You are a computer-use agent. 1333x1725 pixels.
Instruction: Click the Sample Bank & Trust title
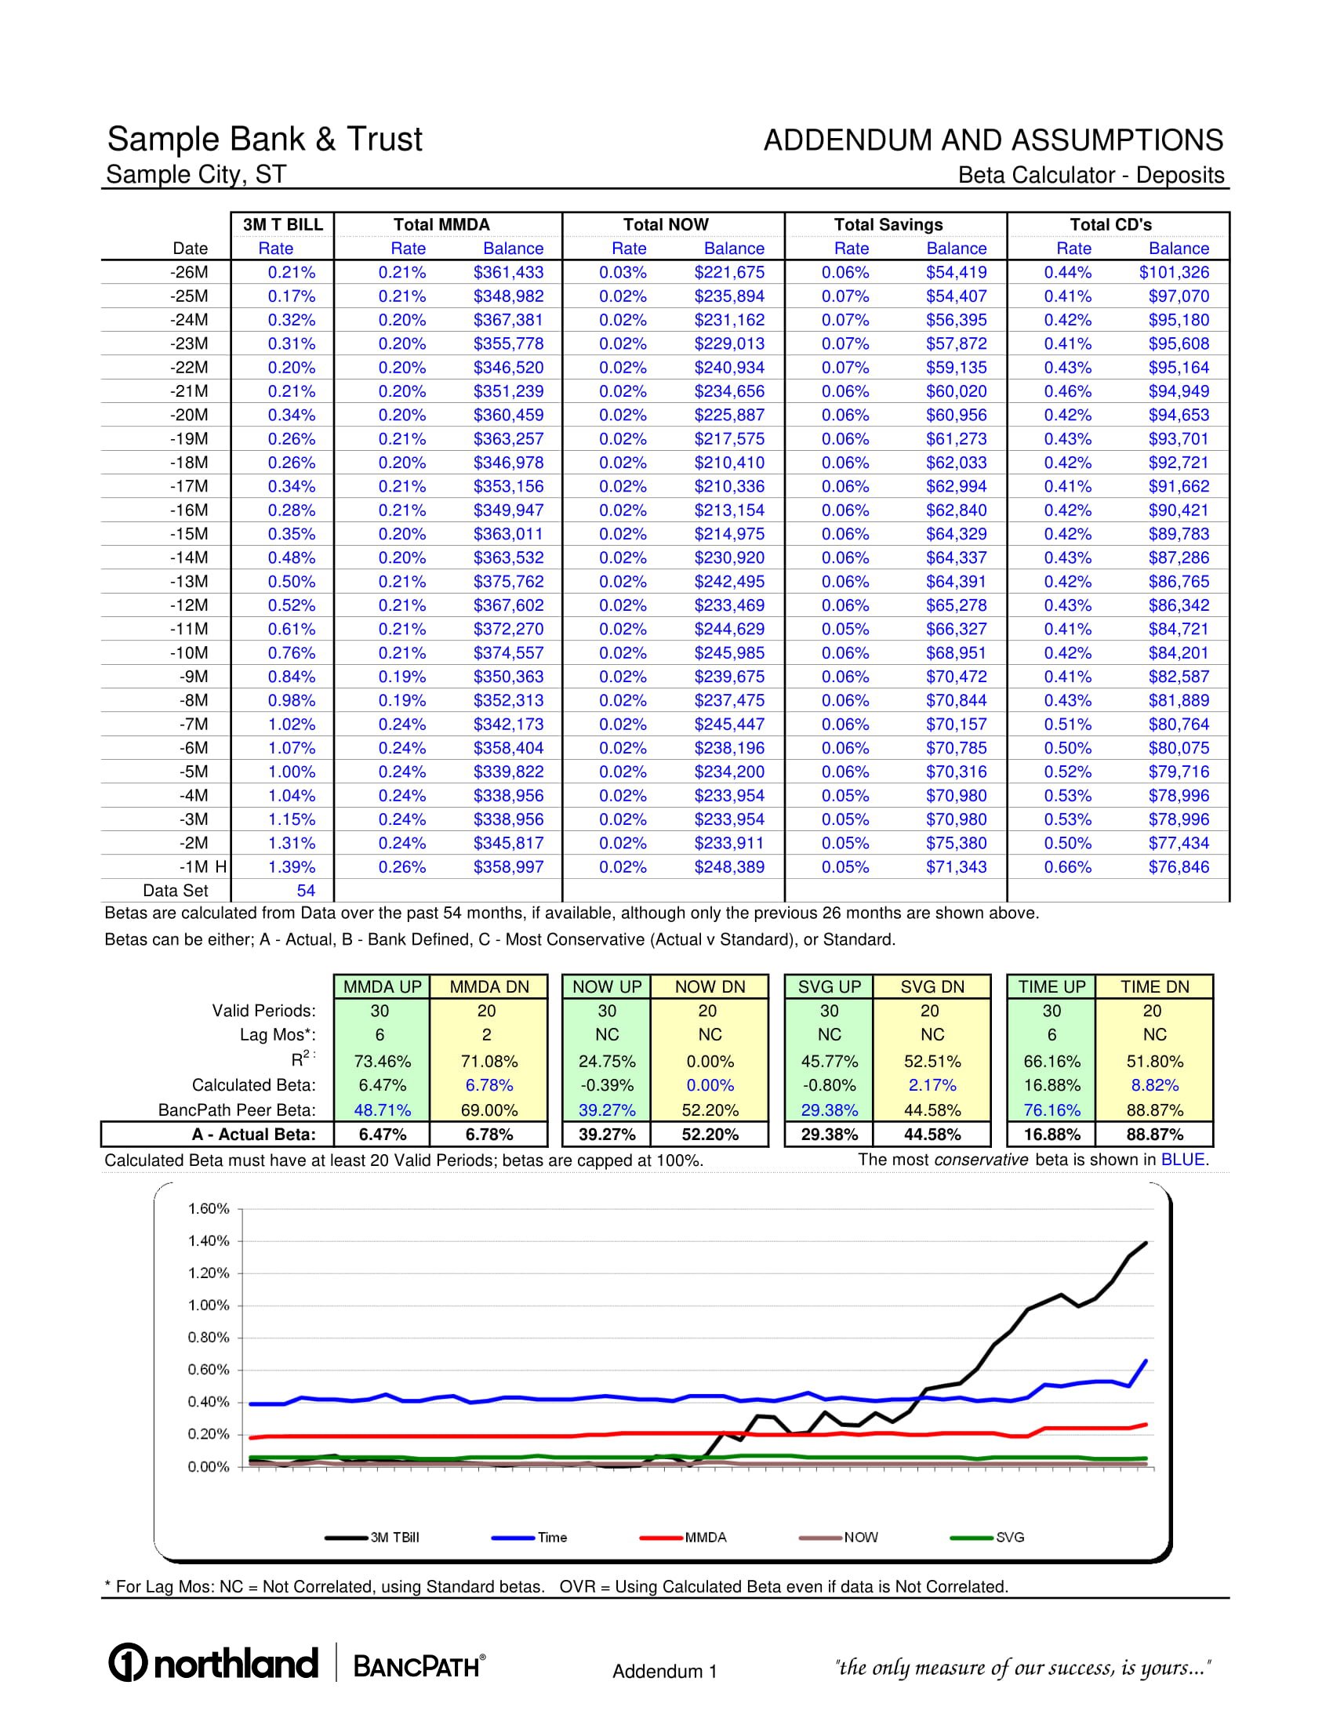[x=264, y=139]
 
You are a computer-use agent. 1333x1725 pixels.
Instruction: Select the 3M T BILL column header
[x=283, y=224]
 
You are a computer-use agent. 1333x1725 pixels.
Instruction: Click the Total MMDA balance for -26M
[x=508, y=273]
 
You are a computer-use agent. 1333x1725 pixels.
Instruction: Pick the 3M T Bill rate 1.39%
[x=292, y=866]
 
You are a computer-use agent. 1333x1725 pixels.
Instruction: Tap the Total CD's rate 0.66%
[x=1068, y=866]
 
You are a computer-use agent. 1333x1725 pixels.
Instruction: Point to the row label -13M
[x=189, y=581]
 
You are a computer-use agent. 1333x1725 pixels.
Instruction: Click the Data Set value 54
[x=306, y=890]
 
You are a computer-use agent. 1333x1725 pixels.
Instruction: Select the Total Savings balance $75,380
[x=956, y=843]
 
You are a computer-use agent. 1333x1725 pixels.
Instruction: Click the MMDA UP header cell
[x=382, y=986]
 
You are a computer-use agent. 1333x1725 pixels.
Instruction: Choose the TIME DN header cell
[x=1153, y=986]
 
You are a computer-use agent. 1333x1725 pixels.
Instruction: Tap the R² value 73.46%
[x=382, y=1062]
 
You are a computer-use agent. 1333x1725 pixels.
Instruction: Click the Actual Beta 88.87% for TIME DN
[x=1153, y=1135]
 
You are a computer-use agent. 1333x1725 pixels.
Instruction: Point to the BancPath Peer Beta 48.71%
[x=382, y=1109]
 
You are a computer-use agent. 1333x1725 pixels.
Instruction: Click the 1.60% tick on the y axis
[x=209, y=1209]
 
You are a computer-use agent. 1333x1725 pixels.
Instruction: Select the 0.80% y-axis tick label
[x=209, y=1338]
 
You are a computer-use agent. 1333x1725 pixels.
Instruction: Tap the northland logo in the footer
[x=214, y=1662]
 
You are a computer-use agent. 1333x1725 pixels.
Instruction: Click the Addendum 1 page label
[x=664, y=1672]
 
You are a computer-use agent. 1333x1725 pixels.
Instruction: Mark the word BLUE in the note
[x=1182, y=1160]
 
